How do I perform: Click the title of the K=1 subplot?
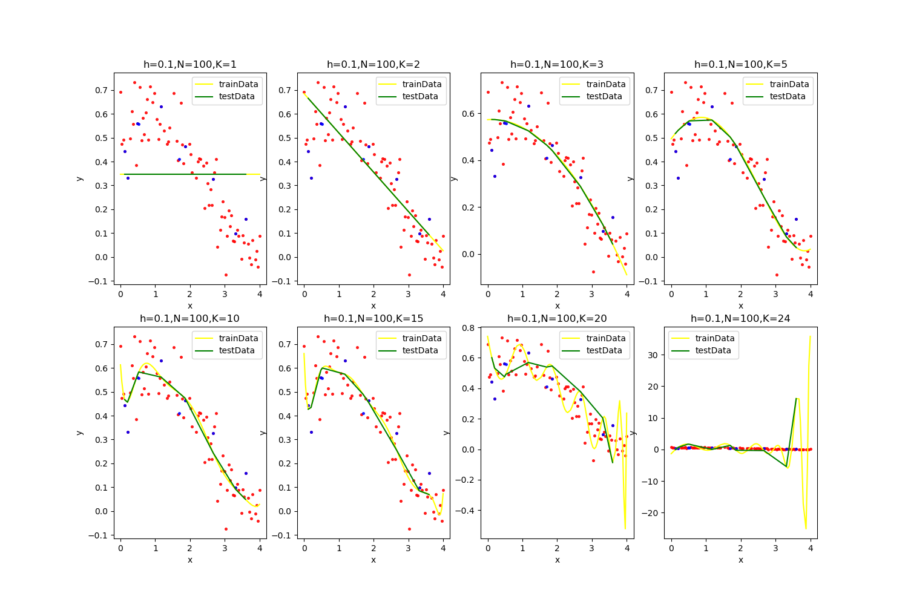(189, 64)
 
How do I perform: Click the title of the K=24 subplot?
(740, 318)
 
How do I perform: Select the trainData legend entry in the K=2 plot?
(421, 84)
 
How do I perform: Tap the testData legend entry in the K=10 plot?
(239, 350)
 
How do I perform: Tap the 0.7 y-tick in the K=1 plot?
(102, 91)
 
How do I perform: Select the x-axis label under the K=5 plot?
(740, 306)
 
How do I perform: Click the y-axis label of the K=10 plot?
(79, 433)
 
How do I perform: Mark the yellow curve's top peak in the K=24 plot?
(810, 336)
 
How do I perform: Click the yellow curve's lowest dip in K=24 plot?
(806, 528)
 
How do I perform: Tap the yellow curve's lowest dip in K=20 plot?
(625, 529)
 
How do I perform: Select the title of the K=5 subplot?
(740, 64)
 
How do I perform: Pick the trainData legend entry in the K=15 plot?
(421, 338)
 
